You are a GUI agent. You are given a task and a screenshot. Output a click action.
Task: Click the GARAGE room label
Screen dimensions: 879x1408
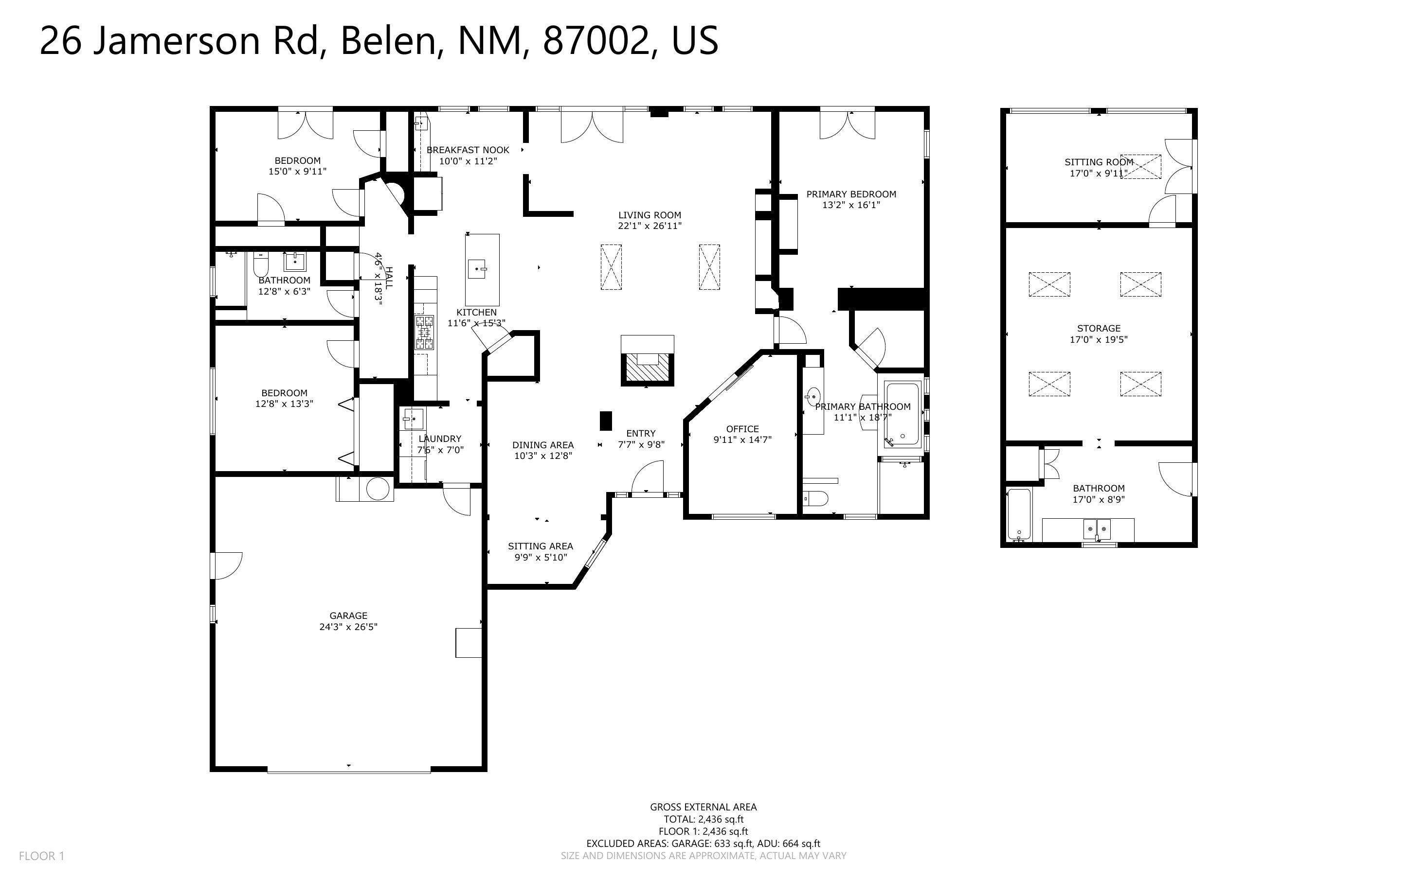click(348, 615)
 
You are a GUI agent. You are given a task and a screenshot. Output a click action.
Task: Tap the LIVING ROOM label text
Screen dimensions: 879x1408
click(649, 215)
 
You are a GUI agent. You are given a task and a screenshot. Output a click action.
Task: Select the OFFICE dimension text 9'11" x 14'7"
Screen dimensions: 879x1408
click(742, 440)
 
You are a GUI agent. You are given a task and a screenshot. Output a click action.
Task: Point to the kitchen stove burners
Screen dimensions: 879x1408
click(424, 333)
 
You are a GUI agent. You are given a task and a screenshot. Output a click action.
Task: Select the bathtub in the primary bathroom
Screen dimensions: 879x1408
click(903, 413)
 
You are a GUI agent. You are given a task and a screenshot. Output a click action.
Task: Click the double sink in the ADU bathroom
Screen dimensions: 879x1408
click(1096, 529)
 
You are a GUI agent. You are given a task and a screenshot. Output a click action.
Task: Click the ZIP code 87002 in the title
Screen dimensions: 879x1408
click(595, 41)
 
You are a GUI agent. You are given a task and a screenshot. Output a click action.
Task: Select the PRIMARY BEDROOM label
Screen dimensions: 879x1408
click(851, 194)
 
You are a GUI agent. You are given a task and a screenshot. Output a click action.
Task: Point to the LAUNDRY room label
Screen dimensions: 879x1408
click(440, 439)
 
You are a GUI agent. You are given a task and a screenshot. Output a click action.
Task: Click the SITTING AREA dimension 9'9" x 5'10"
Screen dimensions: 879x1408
click(541, 558)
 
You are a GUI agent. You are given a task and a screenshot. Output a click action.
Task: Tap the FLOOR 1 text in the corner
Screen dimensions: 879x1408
click(41, 856)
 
